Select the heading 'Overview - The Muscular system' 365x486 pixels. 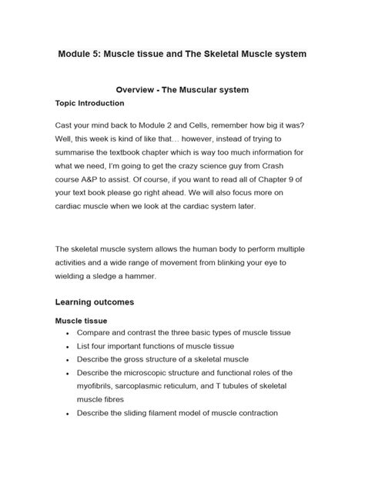(182, 90)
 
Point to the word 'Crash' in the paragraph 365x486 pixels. (293, 157)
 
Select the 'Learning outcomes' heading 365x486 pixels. (95, 302)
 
